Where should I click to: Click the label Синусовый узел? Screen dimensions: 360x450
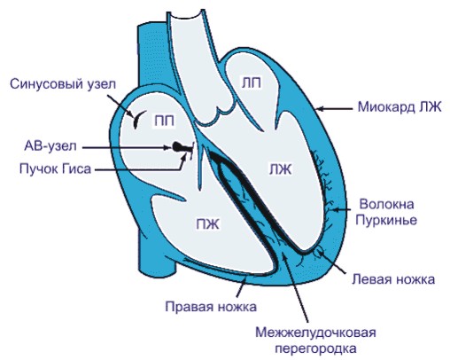point(64,85)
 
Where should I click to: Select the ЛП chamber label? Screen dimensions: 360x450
point(251,83)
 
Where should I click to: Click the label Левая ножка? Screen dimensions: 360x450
point(391,279)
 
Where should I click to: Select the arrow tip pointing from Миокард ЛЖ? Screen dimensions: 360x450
point(318,109)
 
